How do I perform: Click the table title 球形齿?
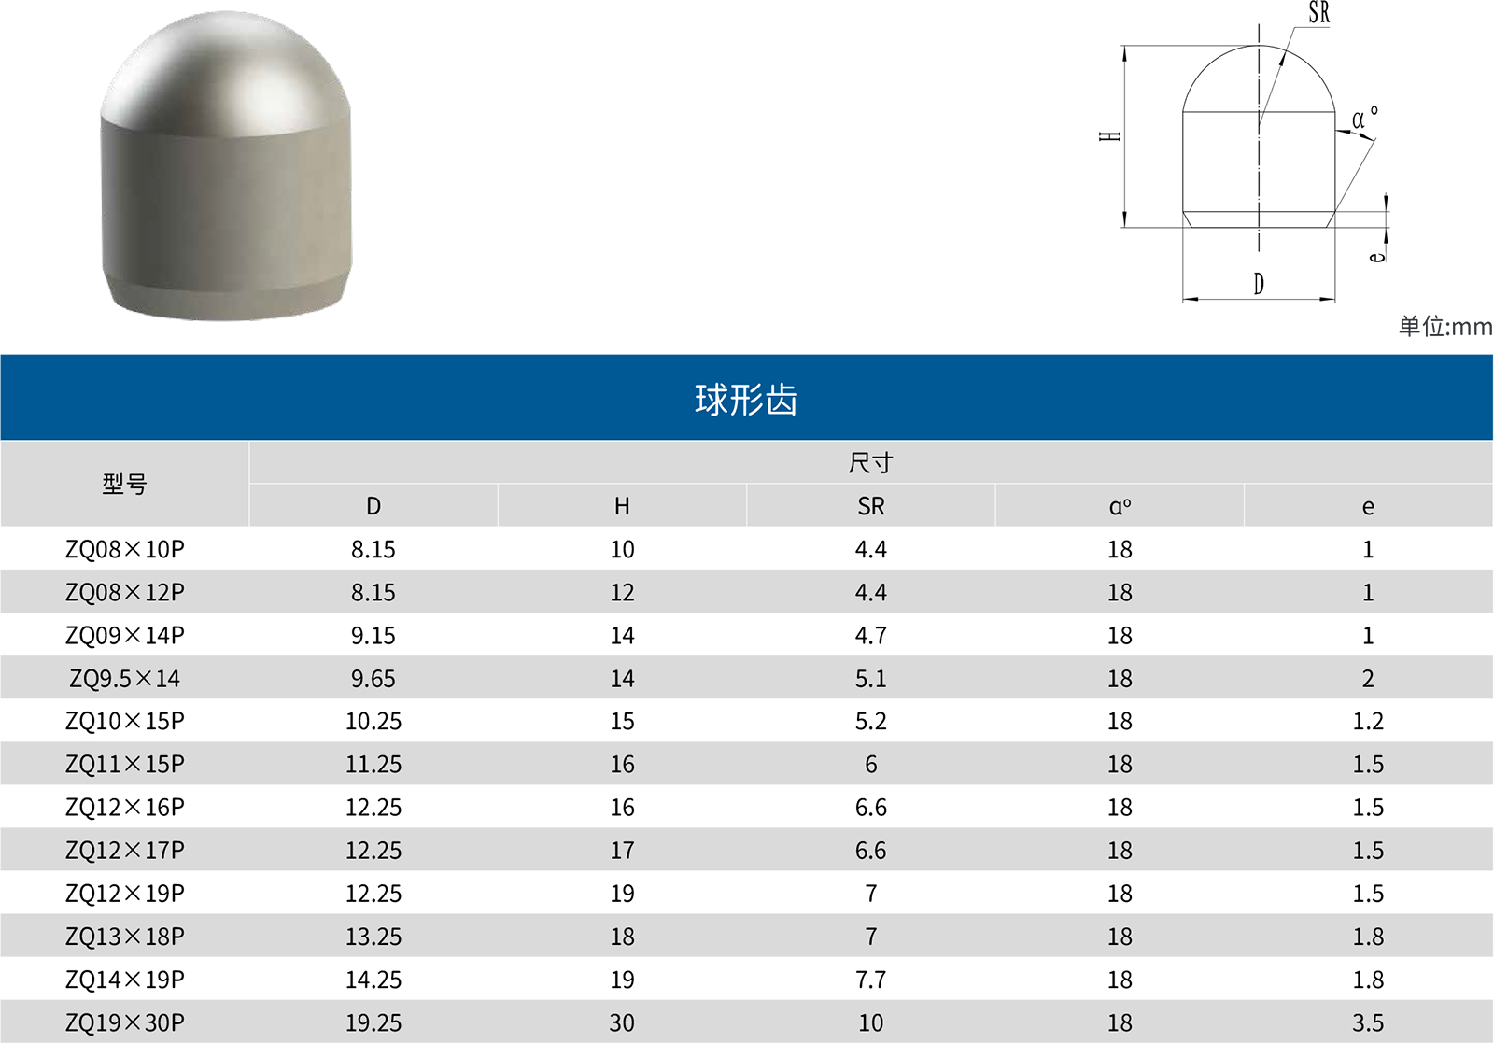click(x=746, y=400)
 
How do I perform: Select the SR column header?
click(x=870, y=506)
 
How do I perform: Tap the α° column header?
click(x=1120, y=507)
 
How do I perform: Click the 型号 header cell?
click(x=125, y=484)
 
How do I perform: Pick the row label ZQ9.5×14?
click(x=125, y=678)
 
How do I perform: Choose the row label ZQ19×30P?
click(x=125, y=1022)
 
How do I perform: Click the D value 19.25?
click(x=373, y=1022)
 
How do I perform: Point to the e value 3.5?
click(x=1368, y=1022)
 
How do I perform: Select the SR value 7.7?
click(x=871, y=980)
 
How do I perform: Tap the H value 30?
click(x=622, y=1022)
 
